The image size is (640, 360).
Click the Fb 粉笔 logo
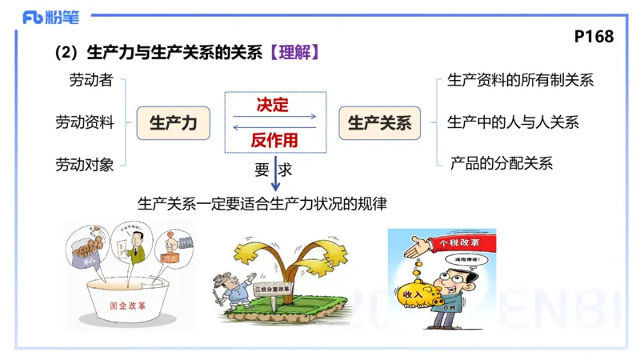50,17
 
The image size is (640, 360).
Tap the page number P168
594,37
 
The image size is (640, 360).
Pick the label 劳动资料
84,122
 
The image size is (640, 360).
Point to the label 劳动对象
84,165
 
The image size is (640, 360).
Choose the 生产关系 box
379,123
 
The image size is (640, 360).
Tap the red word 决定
273,105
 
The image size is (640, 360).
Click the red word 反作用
274,141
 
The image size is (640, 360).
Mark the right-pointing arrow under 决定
274,117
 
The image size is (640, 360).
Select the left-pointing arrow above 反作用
274,128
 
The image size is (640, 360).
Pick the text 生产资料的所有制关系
520,80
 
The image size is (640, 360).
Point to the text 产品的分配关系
501,164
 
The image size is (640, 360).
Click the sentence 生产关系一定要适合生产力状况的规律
262,204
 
